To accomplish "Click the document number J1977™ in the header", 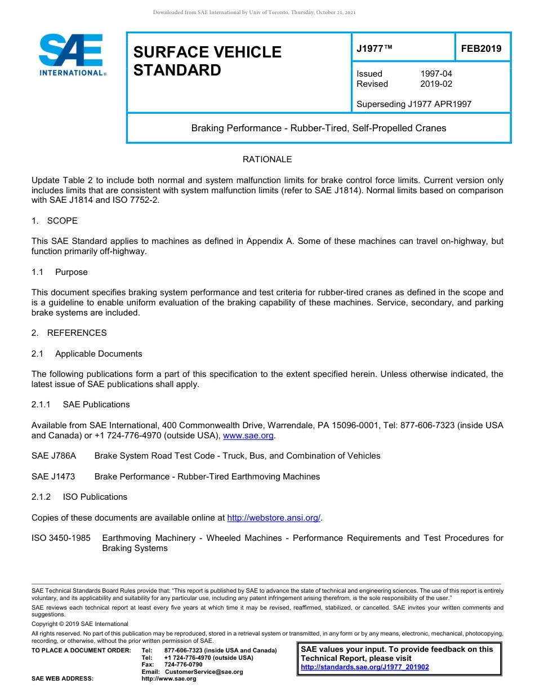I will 374,49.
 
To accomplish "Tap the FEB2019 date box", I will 481,49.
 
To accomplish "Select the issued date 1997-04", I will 436,74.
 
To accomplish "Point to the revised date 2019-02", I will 436,84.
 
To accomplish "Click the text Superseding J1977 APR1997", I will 414,104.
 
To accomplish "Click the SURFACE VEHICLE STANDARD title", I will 207,61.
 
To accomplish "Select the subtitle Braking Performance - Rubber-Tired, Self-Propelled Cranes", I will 318,128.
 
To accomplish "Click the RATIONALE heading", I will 267,159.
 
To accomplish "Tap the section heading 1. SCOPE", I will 55,220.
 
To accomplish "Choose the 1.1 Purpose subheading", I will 60,272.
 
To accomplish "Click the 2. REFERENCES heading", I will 69,333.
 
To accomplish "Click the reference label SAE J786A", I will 53,456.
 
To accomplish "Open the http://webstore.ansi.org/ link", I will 273,518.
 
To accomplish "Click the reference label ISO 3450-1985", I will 61,538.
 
